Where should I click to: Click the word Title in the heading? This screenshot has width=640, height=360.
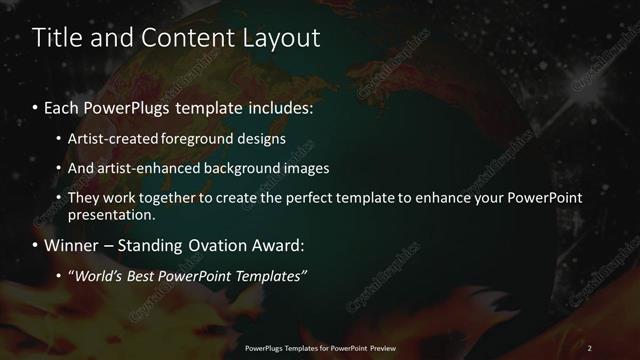coord(56,38)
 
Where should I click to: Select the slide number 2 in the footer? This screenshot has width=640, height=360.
coord(590,348)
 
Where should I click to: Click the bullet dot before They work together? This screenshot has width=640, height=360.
coord(59,198)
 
